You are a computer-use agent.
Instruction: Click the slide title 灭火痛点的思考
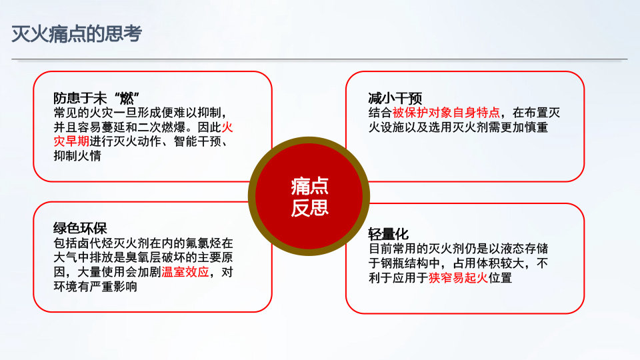pos(76,33)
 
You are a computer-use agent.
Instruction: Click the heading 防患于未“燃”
pos(97,99)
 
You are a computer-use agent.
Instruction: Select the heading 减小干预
pos(395,99)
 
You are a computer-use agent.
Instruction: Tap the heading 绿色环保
pos(80,228)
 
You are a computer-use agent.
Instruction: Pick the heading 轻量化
pos(388,234)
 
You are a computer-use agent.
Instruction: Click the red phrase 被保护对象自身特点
pos(446,113)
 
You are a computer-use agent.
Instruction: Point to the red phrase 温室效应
pos(185,272)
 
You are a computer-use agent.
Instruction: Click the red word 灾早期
pos(71,141)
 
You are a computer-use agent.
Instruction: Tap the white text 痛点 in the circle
pos(309,187)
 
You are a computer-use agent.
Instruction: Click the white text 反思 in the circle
pos(309,207)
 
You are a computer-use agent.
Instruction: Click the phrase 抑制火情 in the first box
pos(77,155)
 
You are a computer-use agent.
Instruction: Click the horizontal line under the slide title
pos(319,59)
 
